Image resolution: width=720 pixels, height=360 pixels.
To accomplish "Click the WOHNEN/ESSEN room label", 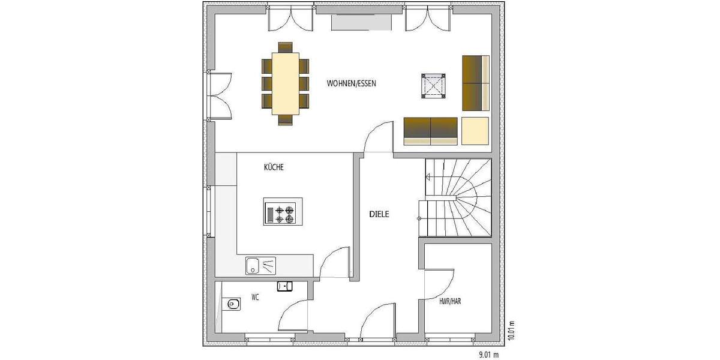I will pyautogui.click(x=351, y=83).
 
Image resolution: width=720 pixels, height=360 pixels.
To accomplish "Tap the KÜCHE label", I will pyautogui.click(x=273, y=169).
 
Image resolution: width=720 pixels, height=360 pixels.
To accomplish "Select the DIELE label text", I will pyautogui.click(x=379, y=214).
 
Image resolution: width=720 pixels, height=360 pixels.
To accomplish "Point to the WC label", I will pyautogui.click(x=255, y=298).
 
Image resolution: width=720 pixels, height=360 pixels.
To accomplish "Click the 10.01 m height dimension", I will pyautogui.click(x=512, y=329).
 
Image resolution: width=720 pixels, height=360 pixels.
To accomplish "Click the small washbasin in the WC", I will pyautogui.click(x=284, y=286).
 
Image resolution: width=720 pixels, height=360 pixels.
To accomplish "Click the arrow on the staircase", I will pyautogui.click(x=428, y=176).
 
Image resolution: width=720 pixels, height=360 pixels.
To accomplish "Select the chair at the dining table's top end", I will pyautogui.click(x=286, y=47).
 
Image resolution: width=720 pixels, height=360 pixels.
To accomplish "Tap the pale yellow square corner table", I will pyautogui.click(x=475, y=131).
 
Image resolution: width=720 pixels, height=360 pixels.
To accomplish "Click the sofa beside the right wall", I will pyautogui.click(x=476, y=83).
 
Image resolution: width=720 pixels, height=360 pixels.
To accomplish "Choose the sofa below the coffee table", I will pyautogui.click(x=431, y=131).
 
